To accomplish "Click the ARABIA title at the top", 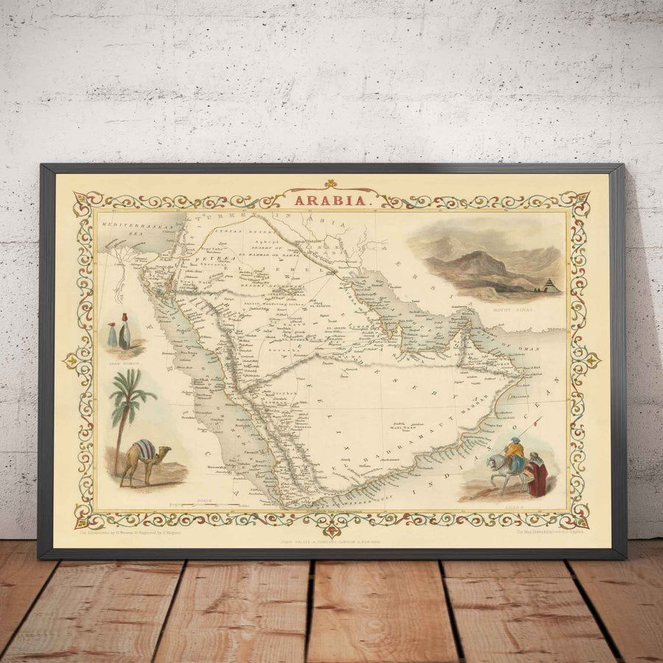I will (x=330, y=199).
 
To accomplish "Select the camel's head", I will (x=164, y=450).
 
